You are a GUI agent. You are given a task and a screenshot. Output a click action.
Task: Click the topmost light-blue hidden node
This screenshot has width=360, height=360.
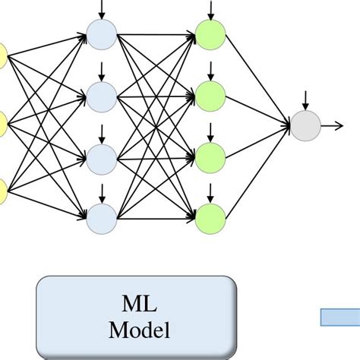coord(101,33)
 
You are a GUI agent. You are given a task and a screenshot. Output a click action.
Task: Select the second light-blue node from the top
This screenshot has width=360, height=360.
coord(101,96)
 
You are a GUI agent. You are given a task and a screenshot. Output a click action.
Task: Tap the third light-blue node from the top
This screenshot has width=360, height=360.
coord(101,158)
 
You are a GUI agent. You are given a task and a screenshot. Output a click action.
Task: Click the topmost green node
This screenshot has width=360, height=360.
coord(210,33)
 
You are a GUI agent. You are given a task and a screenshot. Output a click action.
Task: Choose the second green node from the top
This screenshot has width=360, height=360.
coord(210,96)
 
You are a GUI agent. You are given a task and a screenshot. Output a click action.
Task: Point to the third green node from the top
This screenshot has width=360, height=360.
coord(210,158)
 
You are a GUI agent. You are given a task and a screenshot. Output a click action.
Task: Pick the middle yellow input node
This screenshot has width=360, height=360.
coord(2,122)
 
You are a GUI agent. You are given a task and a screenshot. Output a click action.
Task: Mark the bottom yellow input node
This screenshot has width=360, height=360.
coord(2,188)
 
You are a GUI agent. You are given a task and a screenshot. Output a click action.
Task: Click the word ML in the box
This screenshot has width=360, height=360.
coord(139,305)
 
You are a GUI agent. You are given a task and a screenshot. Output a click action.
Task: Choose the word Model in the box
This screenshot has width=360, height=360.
coord(139,330)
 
